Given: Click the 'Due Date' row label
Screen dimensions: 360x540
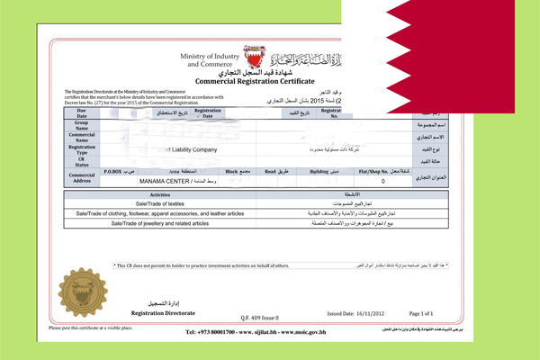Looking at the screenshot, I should coord(82,112).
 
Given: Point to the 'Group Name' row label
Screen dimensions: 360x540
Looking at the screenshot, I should coord(82,125).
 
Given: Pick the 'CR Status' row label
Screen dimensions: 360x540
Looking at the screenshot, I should coord(82,160).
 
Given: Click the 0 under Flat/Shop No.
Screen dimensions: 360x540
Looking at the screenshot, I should coord(383,181).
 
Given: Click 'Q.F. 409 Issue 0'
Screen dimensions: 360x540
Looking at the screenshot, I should coord(261,318).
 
